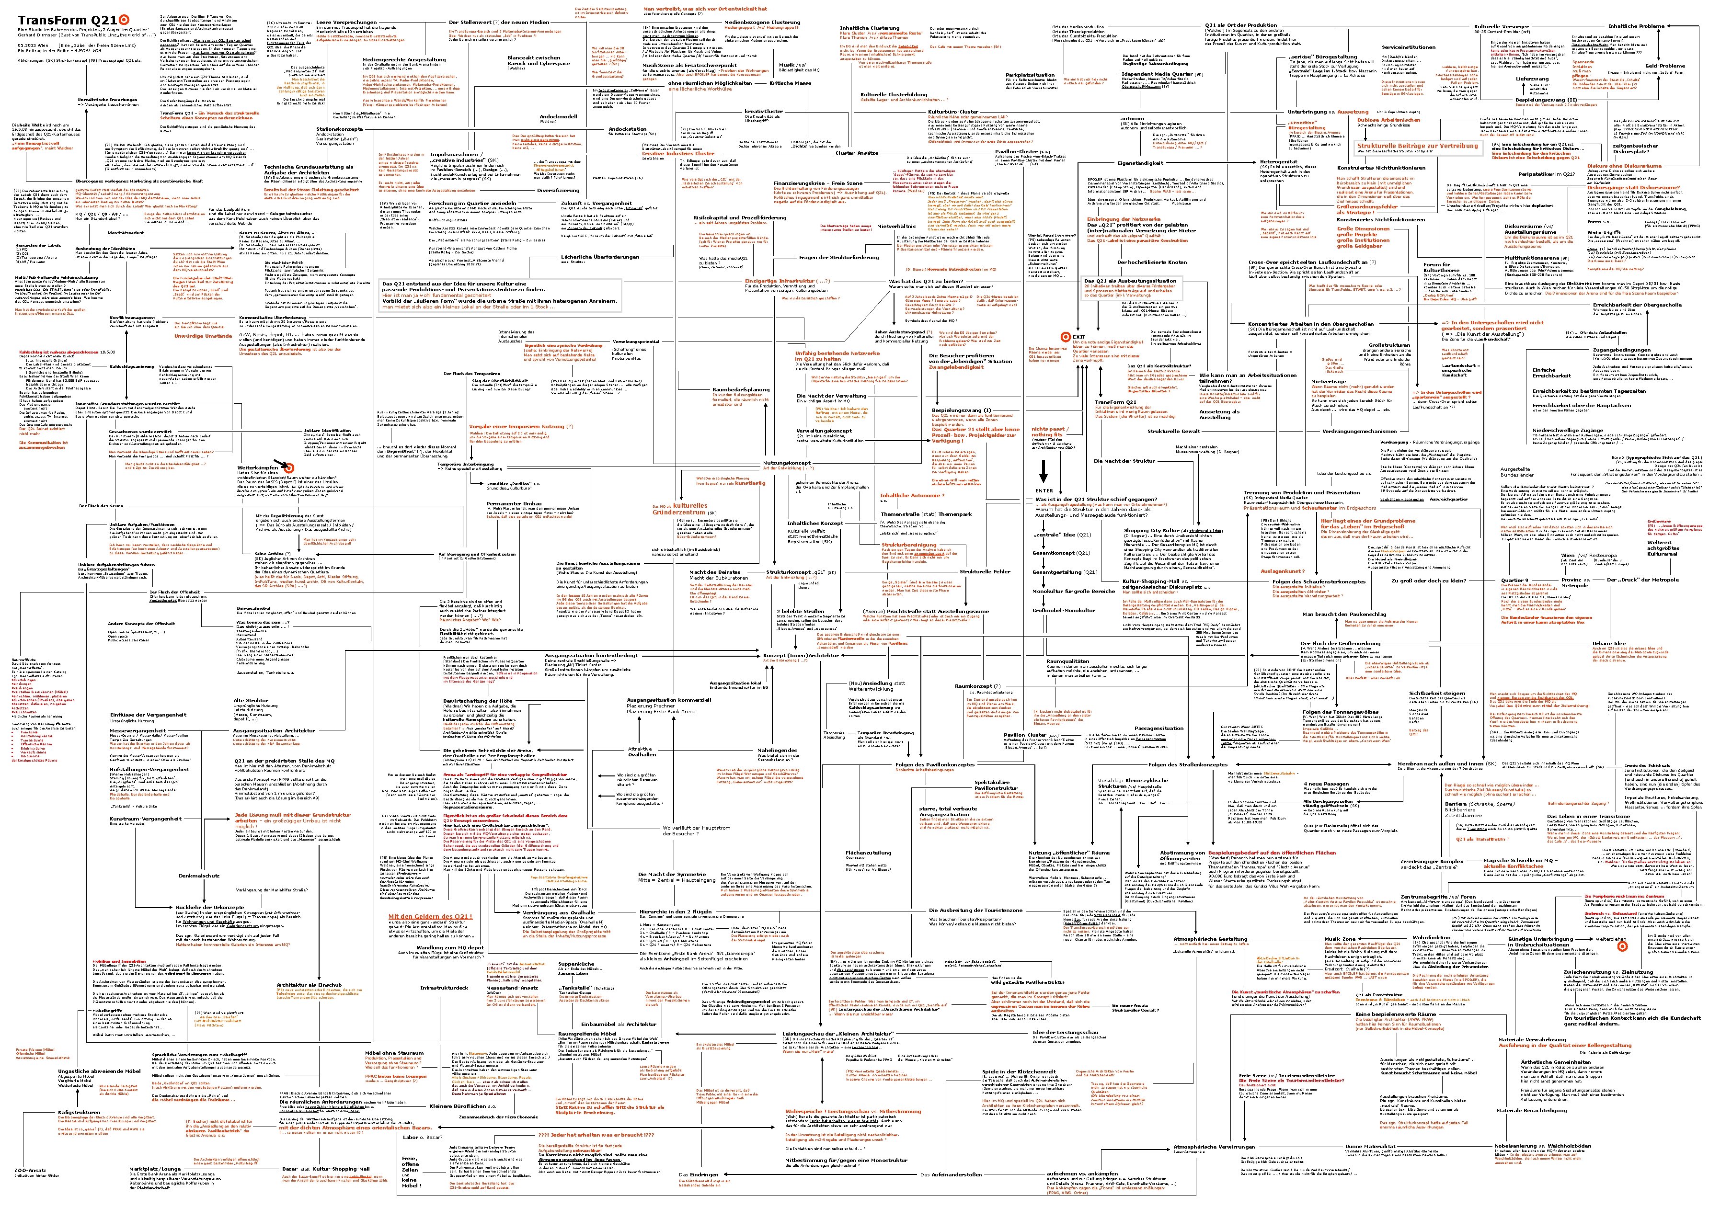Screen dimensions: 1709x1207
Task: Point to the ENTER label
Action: (1044, 490)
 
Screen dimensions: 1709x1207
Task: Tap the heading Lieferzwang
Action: (1532, 79)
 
